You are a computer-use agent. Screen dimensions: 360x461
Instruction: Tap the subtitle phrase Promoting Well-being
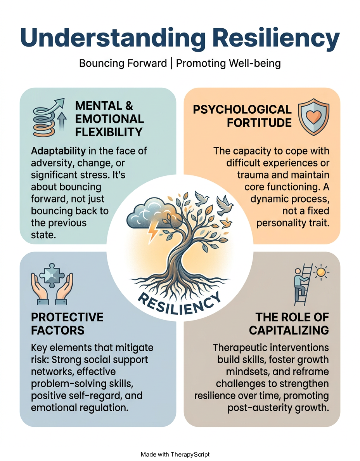click(x=228, y=63)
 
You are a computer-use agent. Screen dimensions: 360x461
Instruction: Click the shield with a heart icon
click(x=313, y=116)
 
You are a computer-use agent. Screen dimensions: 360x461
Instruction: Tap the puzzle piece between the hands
click(x=52, y=275)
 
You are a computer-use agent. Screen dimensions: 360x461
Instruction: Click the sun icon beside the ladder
click(x=321, y=272)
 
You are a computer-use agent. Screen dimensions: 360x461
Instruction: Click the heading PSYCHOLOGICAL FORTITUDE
click(x=242, y=116)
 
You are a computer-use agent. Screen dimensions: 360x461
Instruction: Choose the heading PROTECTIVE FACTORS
click(x=67, y=324)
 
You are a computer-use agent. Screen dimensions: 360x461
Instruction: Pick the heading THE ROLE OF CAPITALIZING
click(x=289, y=324)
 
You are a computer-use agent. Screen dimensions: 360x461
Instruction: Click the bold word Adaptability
click(x=58, y=151)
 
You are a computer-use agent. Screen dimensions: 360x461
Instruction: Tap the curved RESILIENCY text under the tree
click(x=179, y=303)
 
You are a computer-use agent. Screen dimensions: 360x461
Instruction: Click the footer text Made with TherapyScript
click(x=175, y=454)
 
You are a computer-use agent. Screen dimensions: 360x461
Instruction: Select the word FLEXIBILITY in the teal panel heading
click(x=109, y=132)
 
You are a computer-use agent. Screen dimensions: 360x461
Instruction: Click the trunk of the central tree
click(x=177, y=253)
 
